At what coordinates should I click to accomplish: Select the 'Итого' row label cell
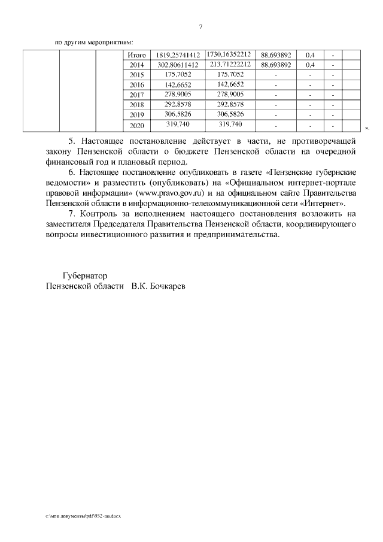tap(138, 55)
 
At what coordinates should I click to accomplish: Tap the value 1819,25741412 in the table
tap(178, 55)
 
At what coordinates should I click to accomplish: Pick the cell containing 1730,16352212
tap(228, 54)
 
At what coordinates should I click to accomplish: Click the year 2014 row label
tap(137, 65)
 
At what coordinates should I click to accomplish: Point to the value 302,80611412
tap(178, 65)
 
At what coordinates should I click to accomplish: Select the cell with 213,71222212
tap(228, 64)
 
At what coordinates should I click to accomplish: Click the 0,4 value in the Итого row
tap(311, 55)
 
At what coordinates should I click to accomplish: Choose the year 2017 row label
tap(137, 95)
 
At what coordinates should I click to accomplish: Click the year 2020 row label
tap(137, 126)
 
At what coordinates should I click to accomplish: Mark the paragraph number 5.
tap(71, 141)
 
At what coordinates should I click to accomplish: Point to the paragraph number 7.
tap(71, 214)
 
